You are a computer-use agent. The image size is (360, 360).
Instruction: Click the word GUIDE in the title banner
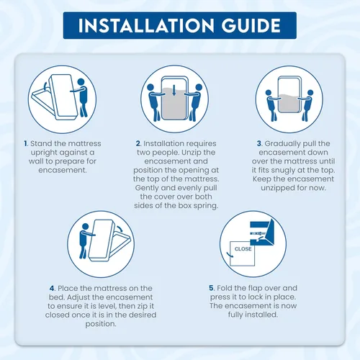tap(251, 25)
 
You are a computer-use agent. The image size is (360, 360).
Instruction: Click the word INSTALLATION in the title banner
tap(146, 25)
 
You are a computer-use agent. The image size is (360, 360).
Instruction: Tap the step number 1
tap(26, 143)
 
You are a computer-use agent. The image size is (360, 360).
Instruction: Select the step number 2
tap(138, 143)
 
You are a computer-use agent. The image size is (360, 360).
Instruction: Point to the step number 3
tap(259, 143)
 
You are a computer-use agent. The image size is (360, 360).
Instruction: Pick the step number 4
tap(53, 288)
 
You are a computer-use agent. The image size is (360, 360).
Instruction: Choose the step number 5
tap(212, 288)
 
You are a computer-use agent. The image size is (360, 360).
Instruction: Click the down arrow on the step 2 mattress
tap(174, 91)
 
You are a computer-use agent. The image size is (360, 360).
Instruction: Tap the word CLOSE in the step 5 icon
tap(243, 249)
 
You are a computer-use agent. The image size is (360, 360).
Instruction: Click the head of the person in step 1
tap(81, 82)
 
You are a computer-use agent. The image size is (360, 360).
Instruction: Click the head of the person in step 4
tap(85, 227)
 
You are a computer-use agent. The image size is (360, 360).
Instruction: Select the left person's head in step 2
tap(150, 87)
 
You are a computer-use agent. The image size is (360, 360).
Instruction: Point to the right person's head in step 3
tap(310, 93)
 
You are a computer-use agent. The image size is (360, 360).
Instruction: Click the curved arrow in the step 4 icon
tap(120, 228)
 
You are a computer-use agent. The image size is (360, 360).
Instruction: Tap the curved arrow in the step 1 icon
tap(45, 86)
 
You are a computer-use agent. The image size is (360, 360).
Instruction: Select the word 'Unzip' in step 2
tap(192, 153)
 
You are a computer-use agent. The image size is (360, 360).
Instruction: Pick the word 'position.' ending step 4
tap(101, 324)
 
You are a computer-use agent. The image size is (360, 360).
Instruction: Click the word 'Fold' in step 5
tap(224, 288)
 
